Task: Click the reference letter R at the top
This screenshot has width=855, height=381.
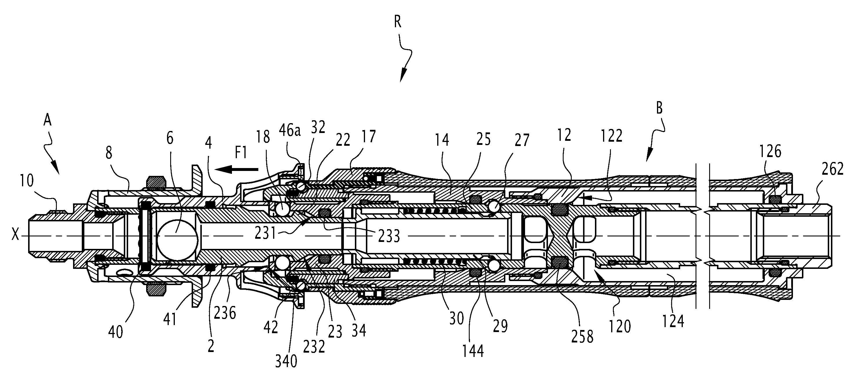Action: [397, 22]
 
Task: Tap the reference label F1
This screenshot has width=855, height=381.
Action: [241, 153]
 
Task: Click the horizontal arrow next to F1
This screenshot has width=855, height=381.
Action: [236, 169]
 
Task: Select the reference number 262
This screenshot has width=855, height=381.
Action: [832, 169]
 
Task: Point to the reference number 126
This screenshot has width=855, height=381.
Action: [770, 152]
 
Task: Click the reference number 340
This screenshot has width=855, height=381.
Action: [286, 361]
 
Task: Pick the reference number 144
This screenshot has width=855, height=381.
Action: [473, 351]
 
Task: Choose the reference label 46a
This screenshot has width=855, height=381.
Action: [289, 131]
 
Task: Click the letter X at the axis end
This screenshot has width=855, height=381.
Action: [15, 236]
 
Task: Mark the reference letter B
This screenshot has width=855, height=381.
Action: [659, 108]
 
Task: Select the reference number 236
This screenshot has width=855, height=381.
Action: [225, 313]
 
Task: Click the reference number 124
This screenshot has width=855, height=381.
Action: [673, 321]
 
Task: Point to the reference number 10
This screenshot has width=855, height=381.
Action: [27, 181]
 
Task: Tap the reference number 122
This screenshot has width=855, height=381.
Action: [612, 136]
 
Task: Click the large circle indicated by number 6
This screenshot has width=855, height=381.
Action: [177, 239]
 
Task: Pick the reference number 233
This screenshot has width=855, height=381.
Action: [389, 236]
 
